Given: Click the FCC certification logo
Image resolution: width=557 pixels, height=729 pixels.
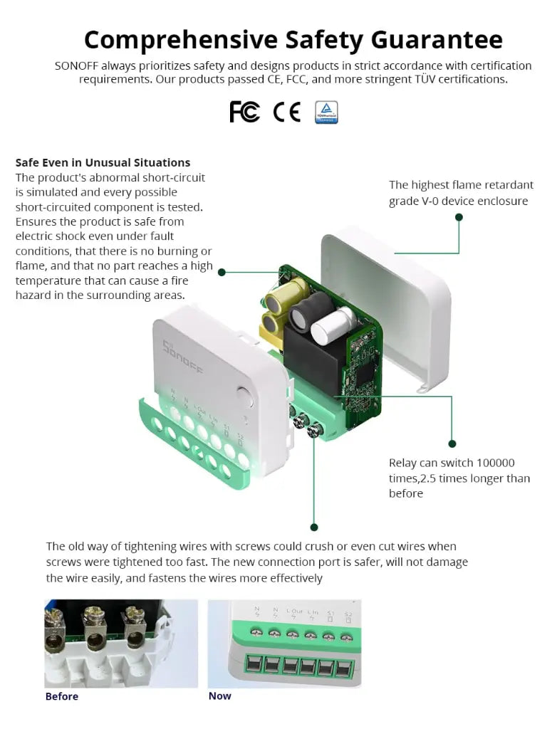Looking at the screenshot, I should [x=244, y=112].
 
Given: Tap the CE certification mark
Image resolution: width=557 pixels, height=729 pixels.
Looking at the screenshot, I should [x=286, y=112].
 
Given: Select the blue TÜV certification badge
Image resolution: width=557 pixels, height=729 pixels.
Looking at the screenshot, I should [x=326, y=112].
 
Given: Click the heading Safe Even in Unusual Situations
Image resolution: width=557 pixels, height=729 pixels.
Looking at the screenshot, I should [x=103, y=162].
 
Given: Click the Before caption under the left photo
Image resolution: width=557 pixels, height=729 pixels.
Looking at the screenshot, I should [x=62, y=696].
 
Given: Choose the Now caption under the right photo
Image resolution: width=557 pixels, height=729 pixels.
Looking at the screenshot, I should [x=219, y=696].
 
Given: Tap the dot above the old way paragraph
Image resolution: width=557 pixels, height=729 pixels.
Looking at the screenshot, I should [x=314, y=527].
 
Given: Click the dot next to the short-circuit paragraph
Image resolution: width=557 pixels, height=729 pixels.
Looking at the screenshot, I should [x=222, y=272].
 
